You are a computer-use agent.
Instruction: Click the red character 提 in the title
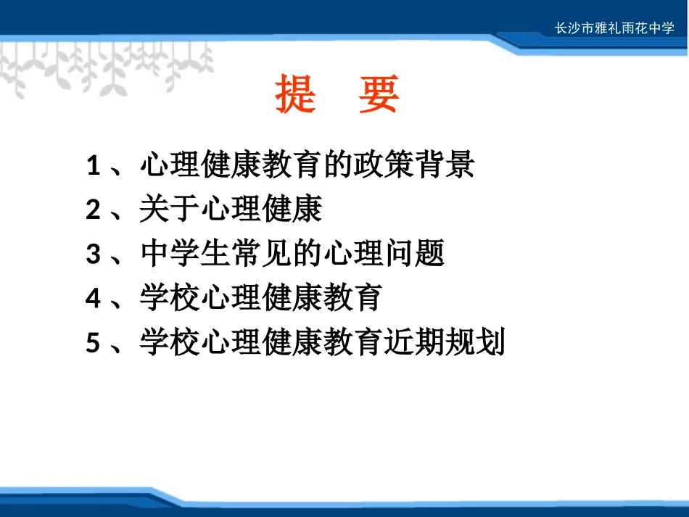pyautogui.click(x=297, y=95)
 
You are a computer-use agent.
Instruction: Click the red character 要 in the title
pyautogui.click(x=379, y=95)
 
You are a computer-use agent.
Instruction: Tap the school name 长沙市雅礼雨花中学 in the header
pyautogui.click(x=614, y=30)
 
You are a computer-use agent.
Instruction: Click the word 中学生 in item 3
pyautogui.click(x=185, y=255)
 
